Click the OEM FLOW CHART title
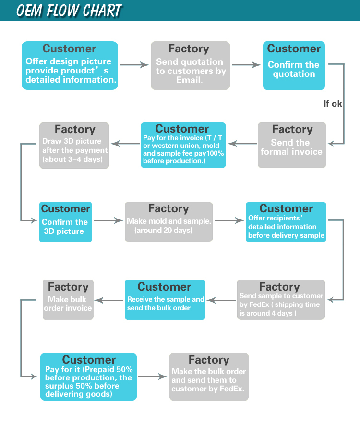(69, 10)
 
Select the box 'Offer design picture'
(70, 65)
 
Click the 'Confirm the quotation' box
(294, 65)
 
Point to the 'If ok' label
(333, 103)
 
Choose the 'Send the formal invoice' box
(292, 145)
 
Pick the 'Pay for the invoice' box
(183, 145)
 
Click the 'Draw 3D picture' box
(74, 145)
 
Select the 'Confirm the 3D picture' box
(65, 222)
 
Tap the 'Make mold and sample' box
(168, 222)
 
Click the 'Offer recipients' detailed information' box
(286, 222)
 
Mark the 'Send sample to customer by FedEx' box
(281, 300)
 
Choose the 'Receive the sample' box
(165, 300)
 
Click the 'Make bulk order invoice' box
(68, 300)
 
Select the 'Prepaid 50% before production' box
(88, 377)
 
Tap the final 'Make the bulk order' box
(209, 377)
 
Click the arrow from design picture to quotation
(134, 65)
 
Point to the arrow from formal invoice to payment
(242, 143)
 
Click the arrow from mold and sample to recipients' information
(229, 220)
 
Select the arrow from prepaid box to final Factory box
(153, 377)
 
